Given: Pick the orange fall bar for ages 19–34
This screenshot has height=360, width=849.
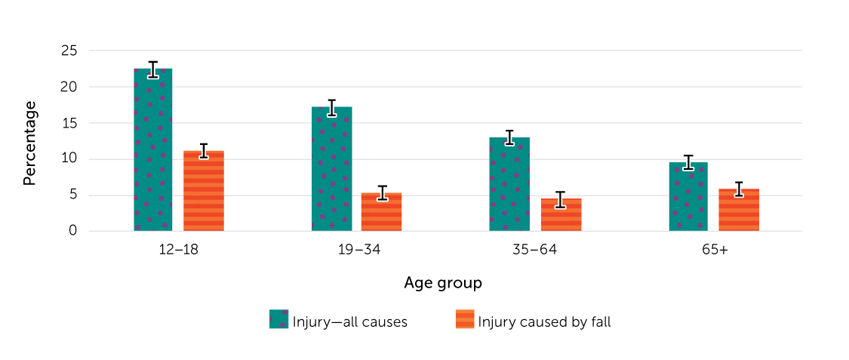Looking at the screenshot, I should (x=381, y=212).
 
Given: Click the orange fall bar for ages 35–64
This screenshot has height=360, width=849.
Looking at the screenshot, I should (x=561, y=215).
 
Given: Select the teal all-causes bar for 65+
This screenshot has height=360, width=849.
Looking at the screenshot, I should (x=688, y=196).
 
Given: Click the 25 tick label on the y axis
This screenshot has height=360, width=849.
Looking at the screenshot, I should (x=69, y=51).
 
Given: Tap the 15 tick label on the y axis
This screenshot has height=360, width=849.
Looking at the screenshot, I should (x=69, y=123).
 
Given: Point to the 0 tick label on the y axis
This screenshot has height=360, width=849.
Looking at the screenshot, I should (x=73, y=231).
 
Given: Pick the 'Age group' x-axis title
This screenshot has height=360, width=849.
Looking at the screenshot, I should (x=443, y=284).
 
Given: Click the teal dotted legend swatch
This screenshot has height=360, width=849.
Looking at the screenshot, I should (x=278, y=319).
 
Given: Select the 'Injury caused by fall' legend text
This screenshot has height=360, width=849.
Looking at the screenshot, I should (x=544, y=322).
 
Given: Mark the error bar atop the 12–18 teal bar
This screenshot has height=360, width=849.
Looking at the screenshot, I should (x=153, y=69).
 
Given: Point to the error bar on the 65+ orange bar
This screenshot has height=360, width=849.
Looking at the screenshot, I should (x=739, y=189).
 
